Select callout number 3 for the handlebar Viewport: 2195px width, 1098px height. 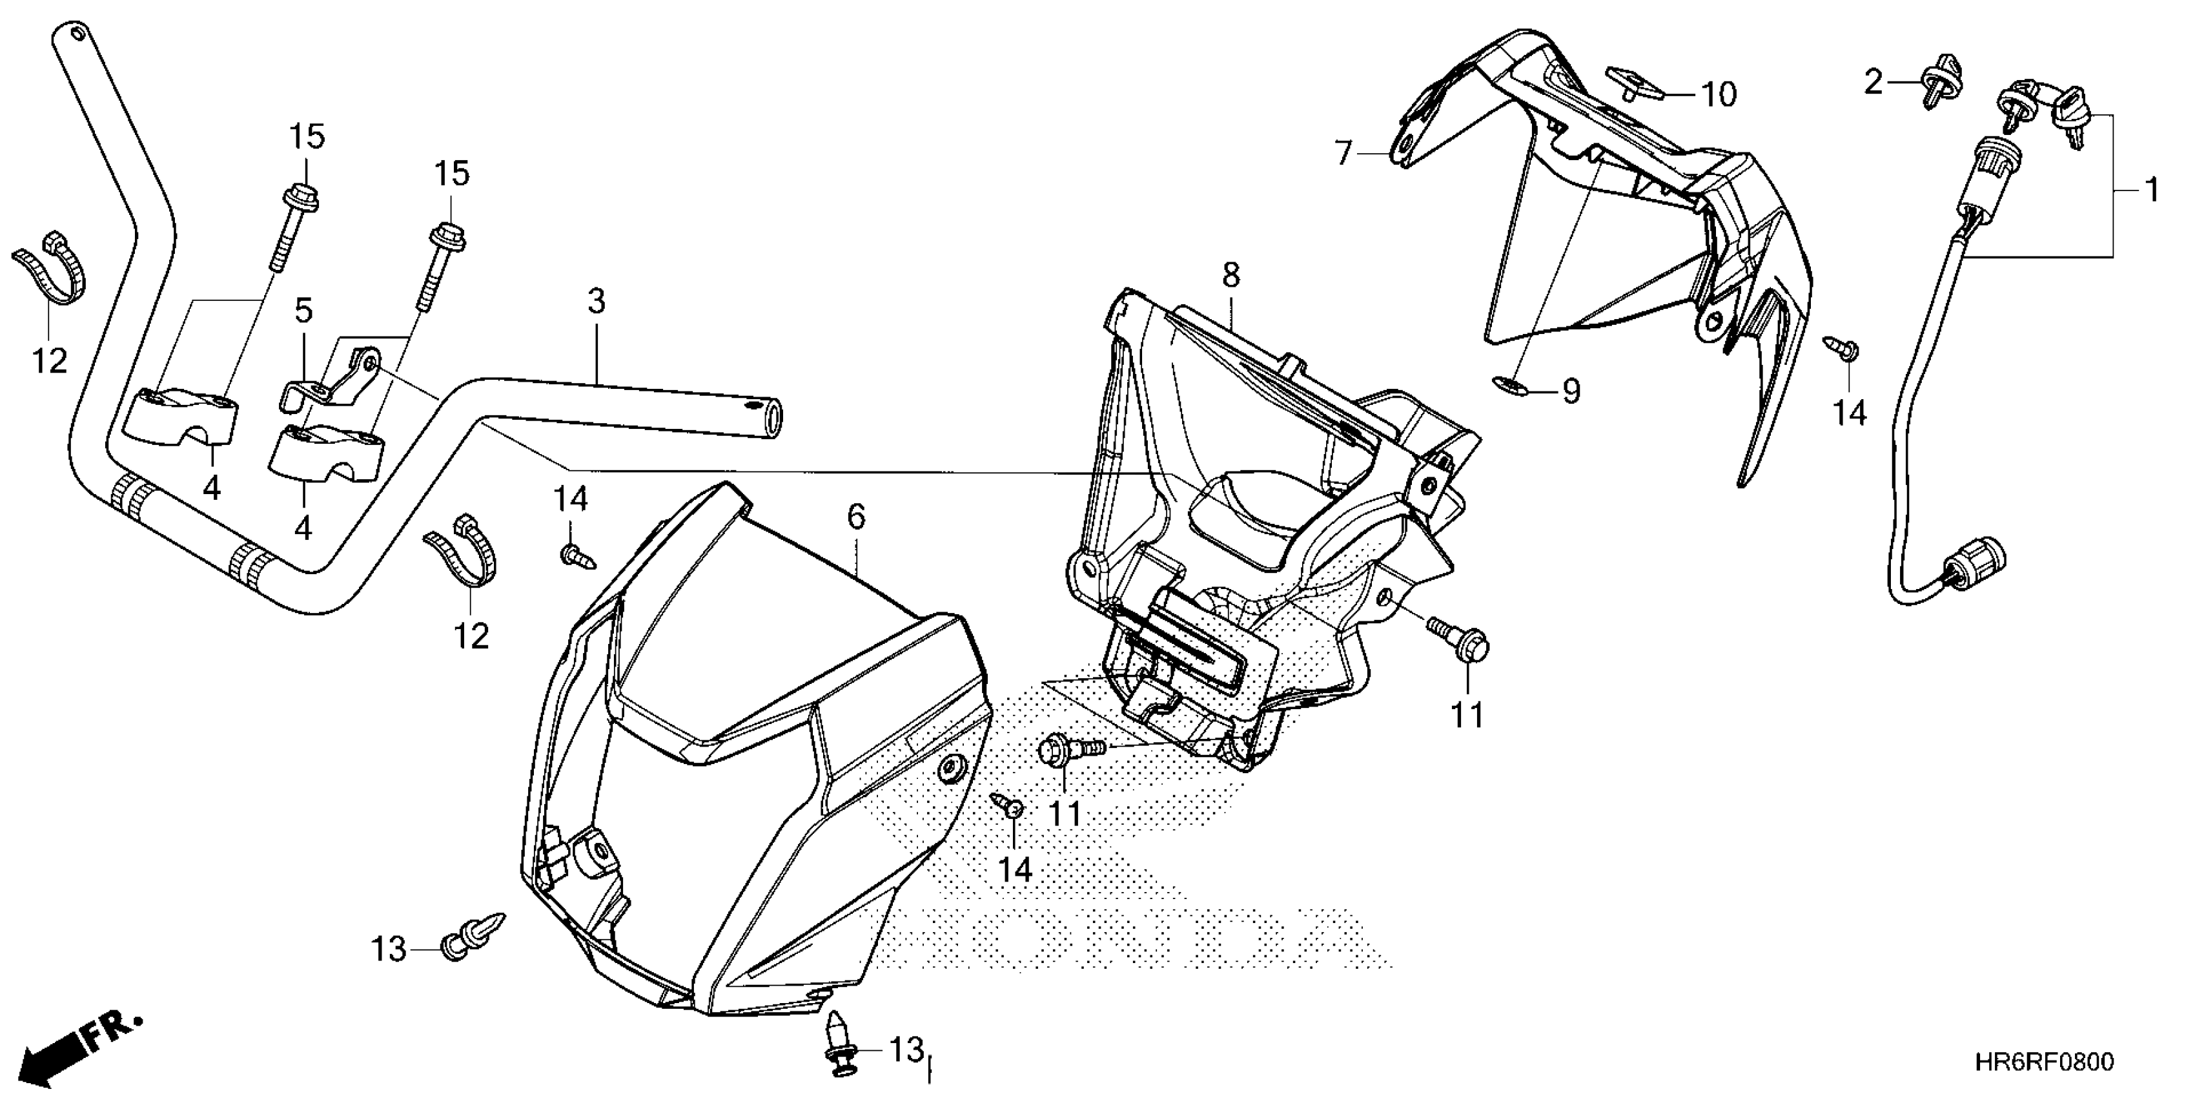pyautogui.click(x=597, y=301)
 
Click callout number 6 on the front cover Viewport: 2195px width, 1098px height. pyautogui.click(x=856, y=516)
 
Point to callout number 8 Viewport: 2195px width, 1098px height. pyautogui.click(x=1230, y=274)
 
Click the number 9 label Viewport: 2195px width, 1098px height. pyautogui.click(x=1571, y=391)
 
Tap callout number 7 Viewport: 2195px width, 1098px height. pyautogui.click(x=1343, y=154)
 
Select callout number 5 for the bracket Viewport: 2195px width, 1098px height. pyautogui.click(x=303, y=310)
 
